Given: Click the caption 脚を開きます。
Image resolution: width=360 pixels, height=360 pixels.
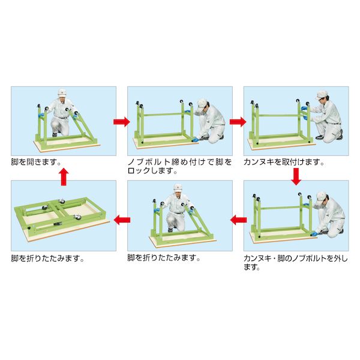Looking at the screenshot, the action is click(36, 163).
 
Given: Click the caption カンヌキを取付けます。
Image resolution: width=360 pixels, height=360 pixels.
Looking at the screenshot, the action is click(284, 163).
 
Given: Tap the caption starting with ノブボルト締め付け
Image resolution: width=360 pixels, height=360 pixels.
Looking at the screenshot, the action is click(180, 166).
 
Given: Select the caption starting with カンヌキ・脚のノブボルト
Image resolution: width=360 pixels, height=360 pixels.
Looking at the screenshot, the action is click(296, 263).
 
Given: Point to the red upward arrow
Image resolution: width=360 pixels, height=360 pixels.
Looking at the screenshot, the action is click(64, 177).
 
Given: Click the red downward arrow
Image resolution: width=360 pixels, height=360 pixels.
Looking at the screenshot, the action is click(296, 176).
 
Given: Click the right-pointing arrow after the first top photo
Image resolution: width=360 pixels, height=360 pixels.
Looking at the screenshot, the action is click(122, 122).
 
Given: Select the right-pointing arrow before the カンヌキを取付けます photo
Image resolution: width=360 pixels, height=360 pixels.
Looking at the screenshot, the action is click(238, 122).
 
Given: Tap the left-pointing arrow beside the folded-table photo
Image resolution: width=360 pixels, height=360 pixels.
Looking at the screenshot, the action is click(122, 220).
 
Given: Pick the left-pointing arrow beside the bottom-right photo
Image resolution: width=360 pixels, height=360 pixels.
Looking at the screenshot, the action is click(238, 220).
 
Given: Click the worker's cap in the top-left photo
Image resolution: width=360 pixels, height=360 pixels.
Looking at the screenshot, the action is click(62, 92).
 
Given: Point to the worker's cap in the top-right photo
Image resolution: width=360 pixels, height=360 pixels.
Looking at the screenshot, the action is click(322, 95).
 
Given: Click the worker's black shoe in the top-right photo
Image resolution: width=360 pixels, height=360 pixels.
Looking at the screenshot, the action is click(320, 137).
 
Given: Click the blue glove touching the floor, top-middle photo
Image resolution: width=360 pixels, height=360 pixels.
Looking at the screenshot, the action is click(195, 139).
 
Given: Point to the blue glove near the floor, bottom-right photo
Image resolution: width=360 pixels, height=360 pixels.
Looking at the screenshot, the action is click(314, 233).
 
